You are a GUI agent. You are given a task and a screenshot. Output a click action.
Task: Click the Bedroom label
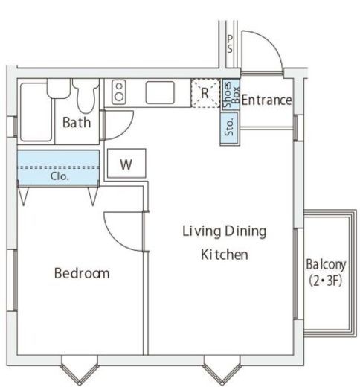coord(82,273)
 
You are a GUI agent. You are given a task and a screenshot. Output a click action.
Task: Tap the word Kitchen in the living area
coord(225,255)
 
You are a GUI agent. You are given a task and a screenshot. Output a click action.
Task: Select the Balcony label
coord(326,264)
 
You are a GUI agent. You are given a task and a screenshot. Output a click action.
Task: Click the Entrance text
coord(266,100)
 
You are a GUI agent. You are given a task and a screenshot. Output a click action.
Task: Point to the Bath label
coord(77,122)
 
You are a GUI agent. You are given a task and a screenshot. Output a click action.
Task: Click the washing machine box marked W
coord(126,163)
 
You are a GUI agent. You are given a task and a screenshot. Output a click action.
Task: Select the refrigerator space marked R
coord(205,93)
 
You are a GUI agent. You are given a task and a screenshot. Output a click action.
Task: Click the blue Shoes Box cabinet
coord(231,95)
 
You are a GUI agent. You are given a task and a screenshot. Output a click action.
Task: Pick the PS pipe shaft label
coord(230,44)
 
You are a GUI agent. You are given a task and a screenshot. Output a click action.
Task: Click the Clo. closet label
coord(60,176)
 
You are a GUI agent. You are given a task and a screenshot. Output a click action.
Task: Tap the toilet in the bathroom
coord(86,95)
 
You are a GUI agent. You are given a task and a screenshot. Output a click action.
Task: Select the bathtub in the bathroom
coord(36,112)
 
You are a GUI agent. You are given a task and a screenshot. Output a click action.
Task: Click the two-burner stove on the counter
coord(119,92)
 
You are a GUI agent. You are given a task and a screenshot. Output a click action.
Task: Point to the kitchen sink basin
coord(160,92)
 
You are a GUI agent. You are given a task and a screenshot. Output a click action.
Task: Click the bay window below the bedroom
coord(80,371)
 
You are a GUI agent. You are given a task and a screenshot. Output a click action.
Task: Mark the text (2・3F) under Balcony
coord(325,281)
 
